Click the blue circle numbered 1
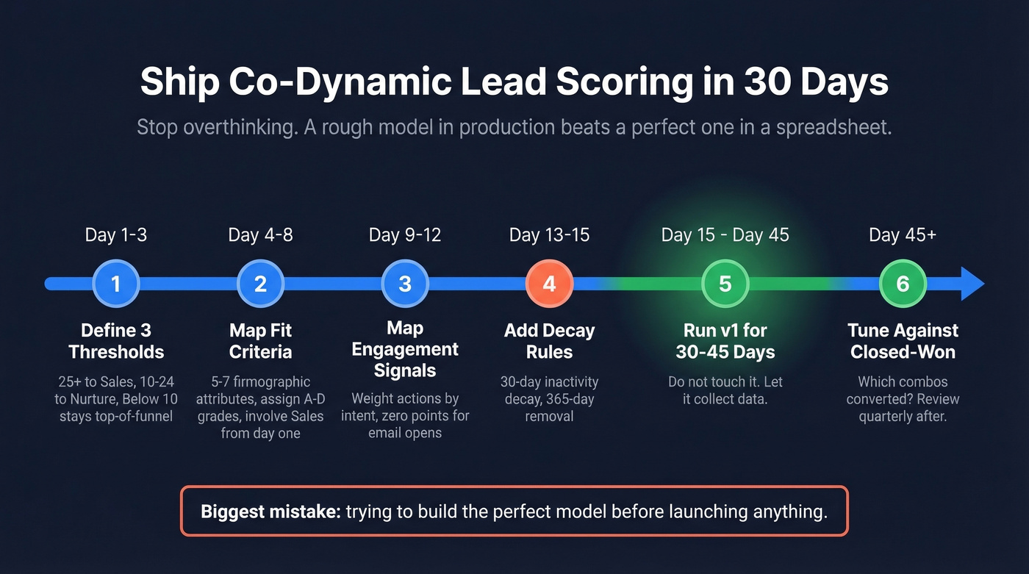pyautogui.click(x=115, y=284)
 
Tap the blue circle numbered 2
pyautogui.click(x=260, y=284)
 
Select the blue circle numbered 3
pyautogui.click(x=405, y=284)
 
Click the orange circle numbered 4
pyautogui.click(x=549, y=284)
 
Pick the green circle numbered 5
pyautogui.click(x=725, y=284)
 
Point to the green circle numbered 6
pyautogui.click(x=903, y=284)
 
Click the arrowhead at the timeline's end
pyautogui.click(x=972, y=284)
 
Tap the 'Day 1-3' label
pyautogui.click(x=115, y=235)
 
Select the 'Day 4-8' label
pyautogui.click(x=260, y=235)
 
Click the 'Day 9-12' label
pyautogui.click(x=405, y=235)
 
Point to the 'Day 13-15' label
pyautogui.click(x=549, y=235)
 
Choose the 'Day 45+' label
pyautogui.click(x=903, y=235)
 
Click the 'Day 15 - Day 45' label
pyautogui.click(x=725, y=235)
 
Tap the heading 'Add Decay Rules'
pyautogui.click(x=549, y=341)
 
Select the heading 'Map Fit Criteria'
pyautogui.click(x=260, y=341)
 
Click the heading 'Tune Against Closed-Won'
pyautogui.click(x=903, y=341)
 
